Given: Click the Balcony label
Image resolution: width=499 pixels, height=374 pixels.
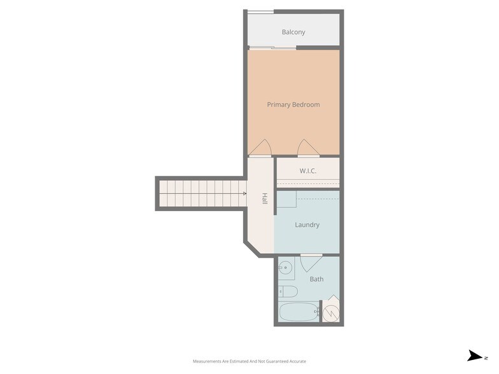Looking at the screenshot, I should (x=293, y=32).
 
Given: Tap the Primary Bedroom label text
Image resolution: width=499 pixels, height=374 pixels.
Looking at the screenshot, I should (x=293, y=104).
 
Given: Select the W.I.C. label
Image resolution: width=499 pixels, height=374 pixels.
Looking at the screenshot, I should (x=308, y=171).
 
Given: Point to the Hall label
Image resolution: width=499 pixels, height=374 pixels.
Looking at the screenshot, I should (x=264, y=199).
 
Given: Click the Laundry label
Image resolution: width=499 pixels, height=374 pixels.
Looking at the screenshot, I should (x=307, y=225).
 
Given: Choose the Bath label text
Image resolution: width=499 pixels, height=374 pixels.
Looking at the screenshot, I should (x=316, y=279).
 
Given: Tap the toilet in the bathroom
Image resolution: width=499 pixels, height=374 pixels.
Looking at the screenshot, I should (x=288, y=292).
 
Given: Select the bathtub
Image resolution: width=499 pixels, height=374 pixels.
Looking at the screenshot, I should (x=299, y=312).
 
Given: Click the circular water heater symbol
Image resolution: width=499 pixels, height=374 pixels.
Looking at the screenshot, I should (x=331, y=313).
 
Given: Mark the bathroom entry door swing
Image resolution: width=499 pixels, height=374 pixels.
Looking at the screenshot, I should (x=311, y=263).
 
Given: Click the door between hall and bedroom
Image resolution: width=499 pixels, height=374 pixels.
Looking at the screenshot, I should (x=260, y=148).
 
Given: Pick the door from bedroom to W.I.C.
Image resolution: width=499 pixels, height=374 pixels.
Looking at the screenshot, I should (x=308, y=148).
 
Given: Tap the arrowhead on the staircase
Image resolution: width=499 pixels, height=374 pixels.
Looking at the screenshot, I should (x=244, y=194).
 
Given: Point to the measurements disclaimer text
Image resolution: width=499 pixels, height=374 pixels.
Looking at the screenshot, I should (x=250, y=361).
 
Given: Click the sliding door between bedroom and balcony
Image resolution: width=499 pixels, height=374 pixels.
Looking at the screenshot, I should (x=272, y=48).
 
